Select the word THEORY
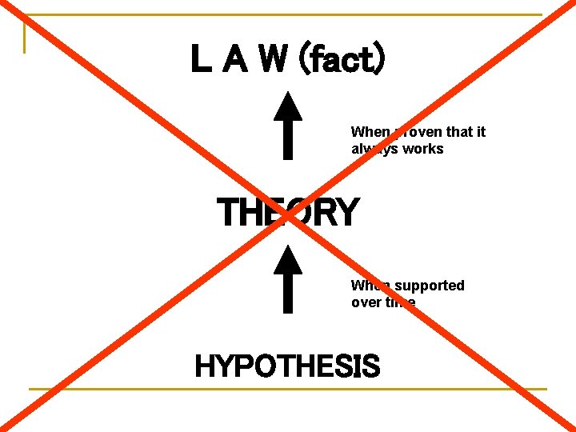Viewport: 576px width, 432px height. pos(288,213)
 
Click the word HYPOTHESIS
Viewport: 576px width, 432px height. pos(287,366)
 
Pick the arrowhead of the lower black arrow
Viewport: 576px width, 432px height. pos(287,259)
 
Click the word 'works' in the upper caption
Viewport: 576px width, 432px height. pos(424,149)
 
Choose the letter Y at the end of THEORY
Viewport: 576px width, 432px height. pos(346,213)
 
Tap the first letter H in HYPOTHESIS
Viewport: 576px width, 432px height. pos(203,366)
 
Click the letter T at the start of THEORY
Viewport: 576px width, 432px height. pos(226,213)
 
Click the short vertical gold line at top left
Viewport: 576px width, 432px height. pos(25,35)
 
